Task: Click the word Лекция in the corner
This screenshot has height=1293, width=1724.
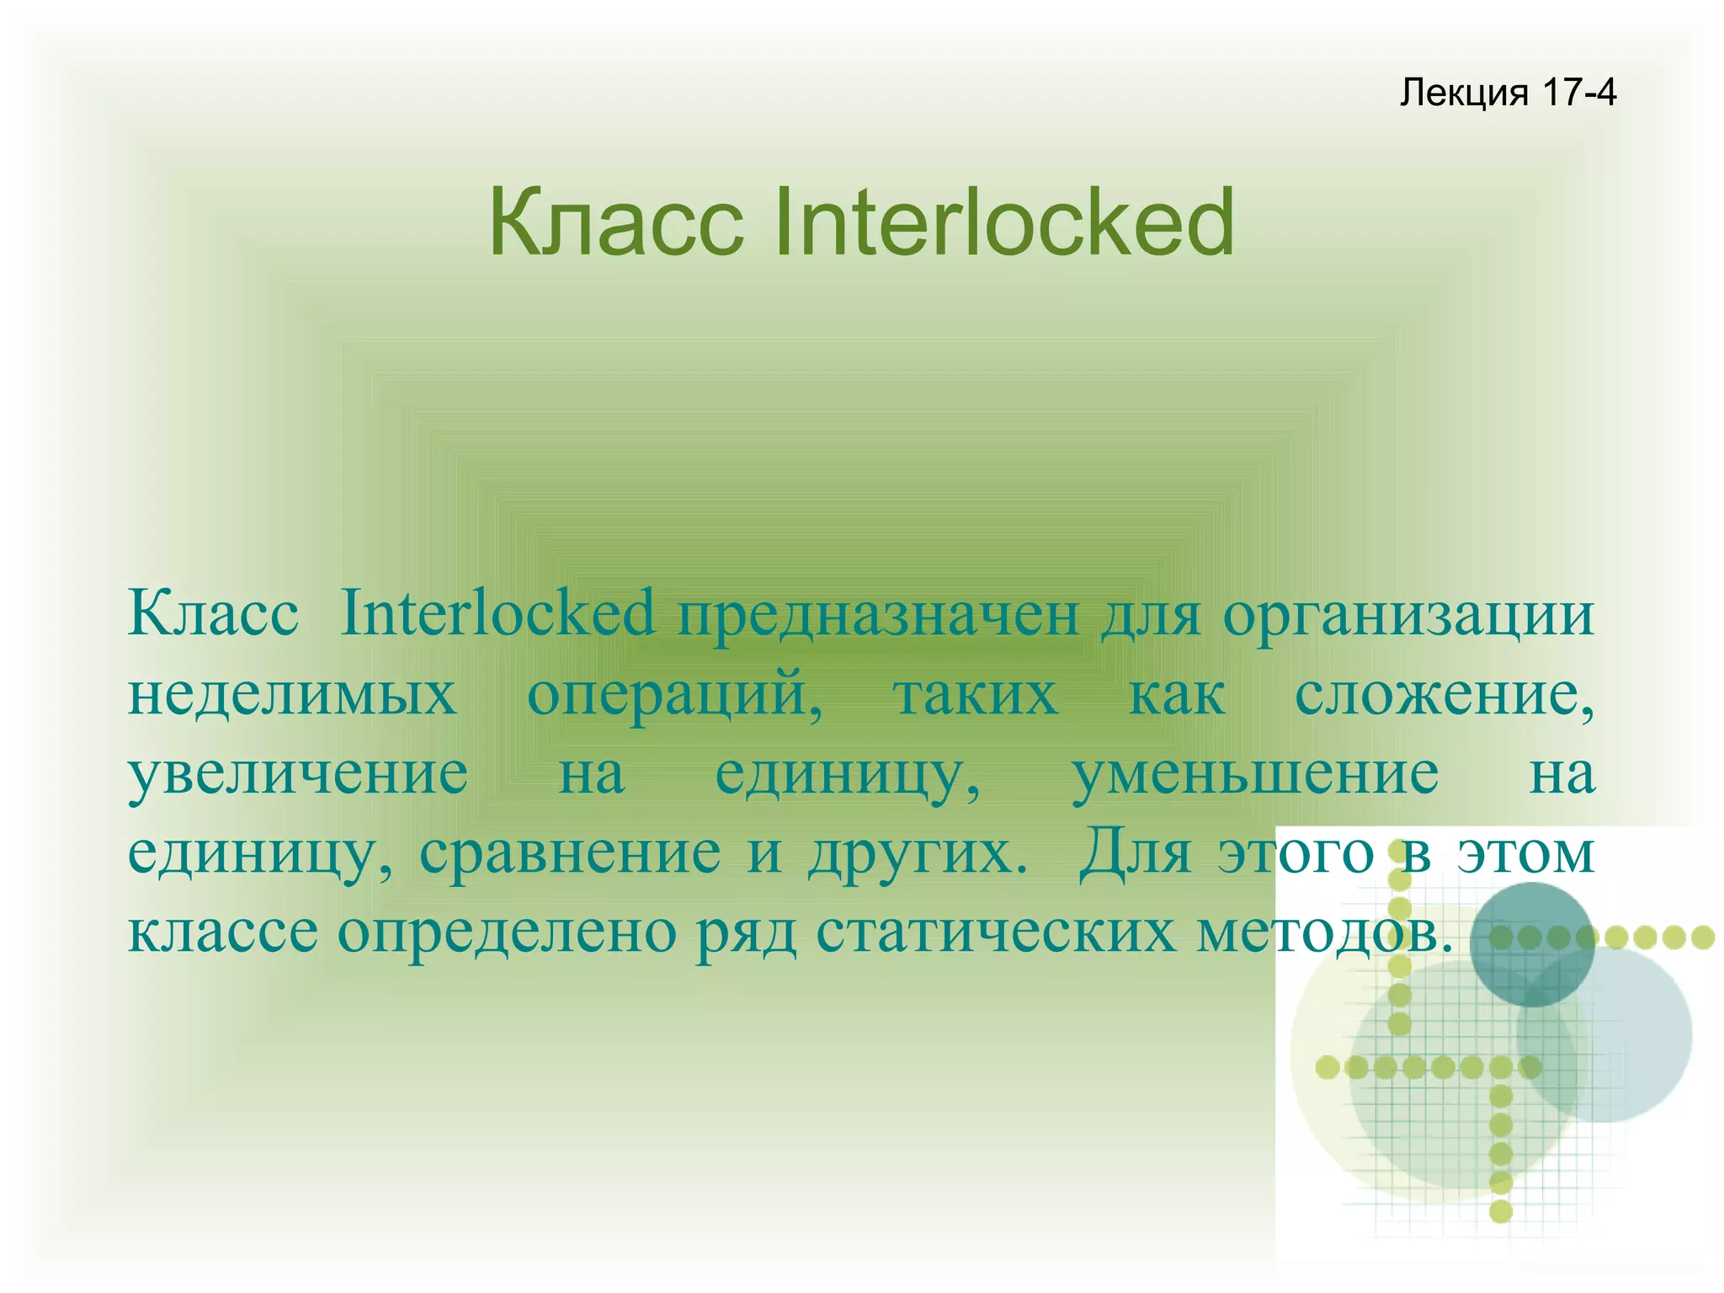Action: pyautogui.click(x=1463, y=93)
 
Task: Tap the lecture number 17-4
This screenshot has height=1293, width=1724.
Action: pyautogui.click(x=1579, y=92)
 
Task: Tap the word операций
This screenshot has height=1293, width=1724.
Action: pyautogui.click(x=674, y=696)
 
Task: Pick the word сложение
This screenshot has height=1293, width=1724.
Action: pyautogui.click(x=1444, y=696)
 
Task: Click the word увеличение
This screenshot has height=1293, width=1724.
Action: pyautogui.click(x=298, y=774)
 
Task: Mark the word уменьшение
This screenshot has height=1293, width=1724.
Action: pyautogui.click(x=1255, y=774)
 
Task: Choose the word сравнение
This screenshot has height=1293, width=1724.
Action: pyautogui.click(x=570, y=852)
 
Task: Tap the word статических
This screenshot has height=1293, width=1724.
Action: pyautogui.click(x=995, y=932)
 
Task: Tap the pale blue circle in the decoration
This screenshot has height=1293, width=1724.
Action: pyautogui.click(x=1625, y=1053)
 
